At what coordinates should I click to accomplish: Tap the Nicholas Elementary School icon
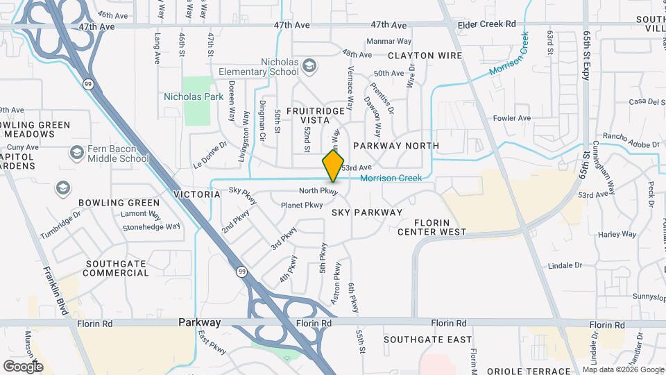click(309, 66)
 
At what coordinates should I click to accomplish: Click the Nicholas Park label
click(194, 97)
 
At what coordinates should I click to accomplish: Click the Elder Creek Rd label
click(487, 24)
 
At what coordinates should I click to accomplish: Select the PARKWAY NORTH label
click(395, 146)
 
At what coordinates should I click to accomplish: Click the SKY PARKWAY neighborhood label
click(366, 212)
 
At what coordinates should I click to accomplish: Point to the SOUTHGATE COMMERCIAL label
click(116, 268)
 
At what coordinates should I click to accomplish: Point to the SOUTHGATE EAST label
click(427, 340)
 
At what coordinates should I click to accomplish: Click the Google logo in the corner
click(23, 366)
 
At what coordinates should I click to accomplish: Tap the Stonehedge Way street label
click(151, 226)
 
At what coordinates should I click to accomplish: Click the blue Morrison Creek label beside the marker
click(391, 178)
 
